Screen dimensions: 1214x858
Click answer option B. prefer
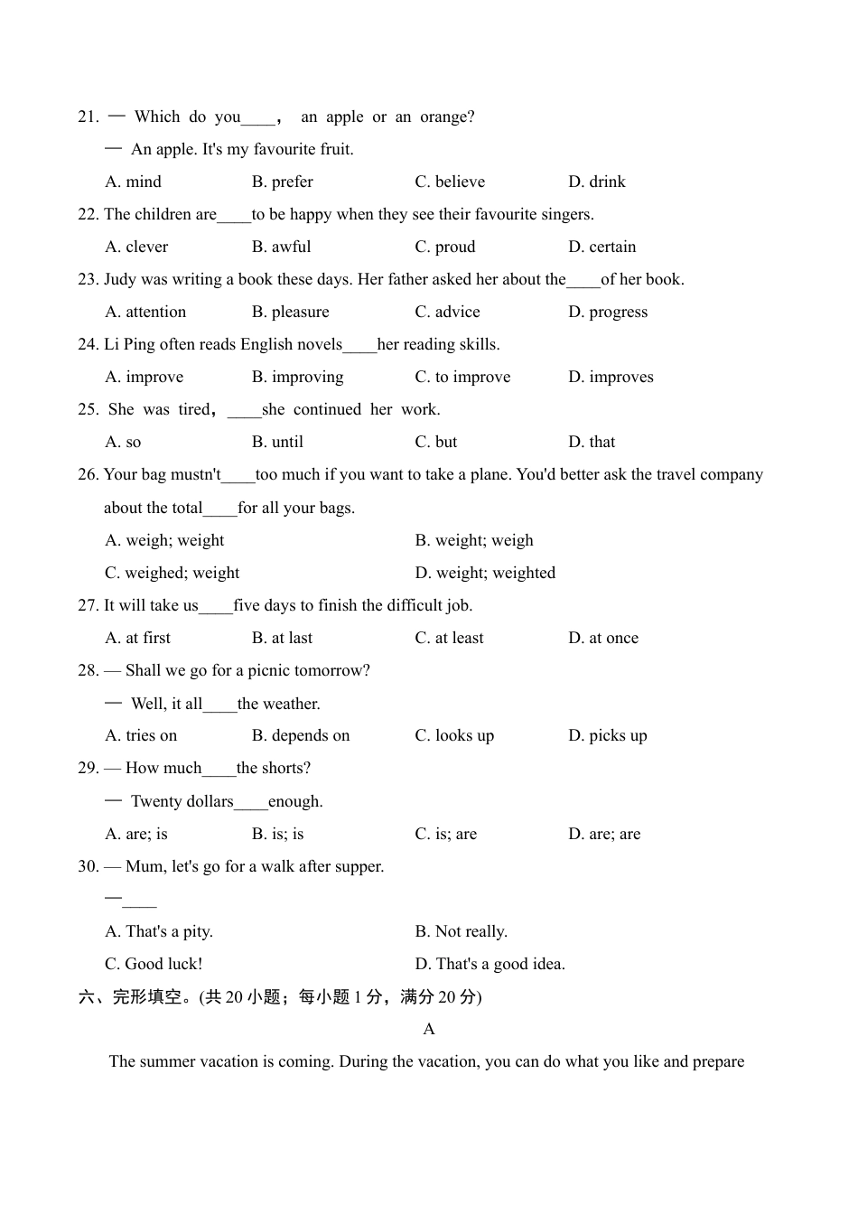coord(282,182)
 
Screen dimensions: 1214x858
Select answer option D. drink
coord(596,182)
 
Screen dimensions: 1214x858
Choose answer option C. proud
coord(444,247)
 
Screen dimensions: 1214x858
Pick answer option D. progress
coord(608,312)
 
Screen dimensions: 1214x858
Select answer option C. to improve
coord(462,377)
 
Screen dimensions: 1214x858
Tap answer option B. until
coord(277,442)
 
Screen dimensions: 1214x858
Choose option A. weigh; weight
coord(164,540)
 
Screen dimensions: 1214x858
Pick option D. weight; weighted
coord(485,573)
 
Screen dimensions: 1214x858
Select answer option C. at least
coord(449,638)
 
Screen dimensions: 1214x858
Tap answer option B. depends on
coord(300,735)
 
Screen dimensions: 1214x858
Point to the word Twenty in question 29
coord(156,801)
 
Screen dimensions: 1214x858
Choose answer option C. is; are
coord(445,834)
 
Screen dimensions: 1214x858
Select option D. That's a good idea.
coord(490,964)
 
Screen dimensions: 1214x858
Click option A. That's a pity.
coord(159,931)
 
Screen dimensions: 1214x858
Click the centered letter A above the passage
coord(429,1029)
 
